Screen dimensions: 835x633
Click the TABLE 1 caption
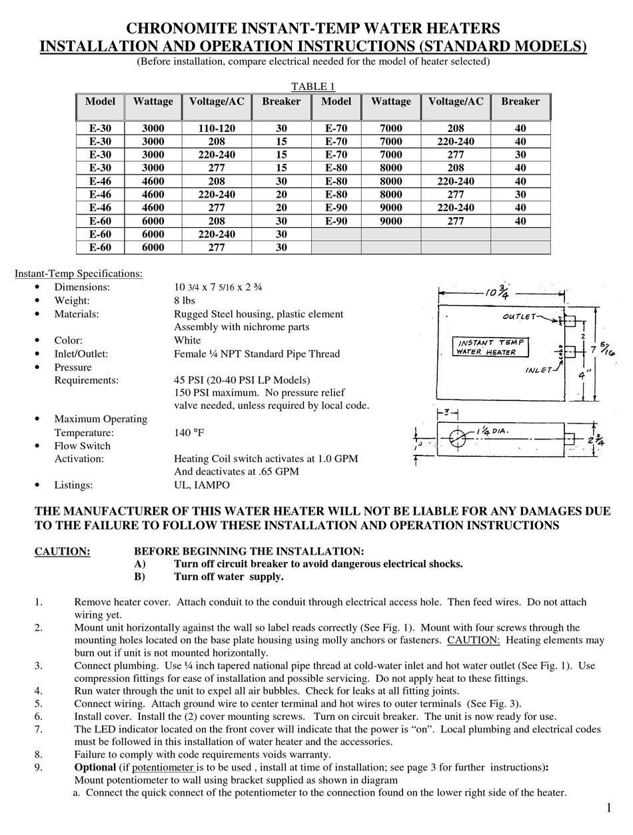click(x=313, y=87)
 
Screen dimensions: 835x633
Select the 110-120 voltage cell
click(x=217, y=128)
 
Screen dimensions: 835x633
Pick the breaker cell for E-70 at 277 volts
click(x=520, y=154)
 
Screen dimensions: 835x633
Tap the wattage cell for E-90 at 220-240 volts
click(x=391, y=208)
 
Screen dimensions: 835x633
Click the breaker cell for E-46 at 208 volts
click(x=281, y=181)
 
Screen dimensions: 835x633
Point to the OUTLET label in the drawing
click(x=520, y=317)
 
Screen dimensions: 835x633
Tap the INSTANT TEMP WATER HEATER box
click(x=490, y=347)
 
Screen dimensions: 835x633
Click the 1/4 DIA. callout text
click(x=493, y=431)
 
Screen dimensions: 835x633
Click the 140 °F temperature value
click(x=189, y=433)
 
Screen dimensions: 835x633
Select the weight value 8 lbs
click(x=185, y=300)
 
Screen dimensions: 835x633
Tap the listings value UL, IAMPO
click(x=201, y=485)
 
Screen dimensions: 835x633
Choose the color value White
click(x=187, y=340)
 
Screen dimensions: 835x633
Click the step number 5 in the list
click(x=39, y=703)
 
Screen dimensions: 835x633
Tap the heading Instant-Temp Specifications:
click(x=78, y=273)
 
